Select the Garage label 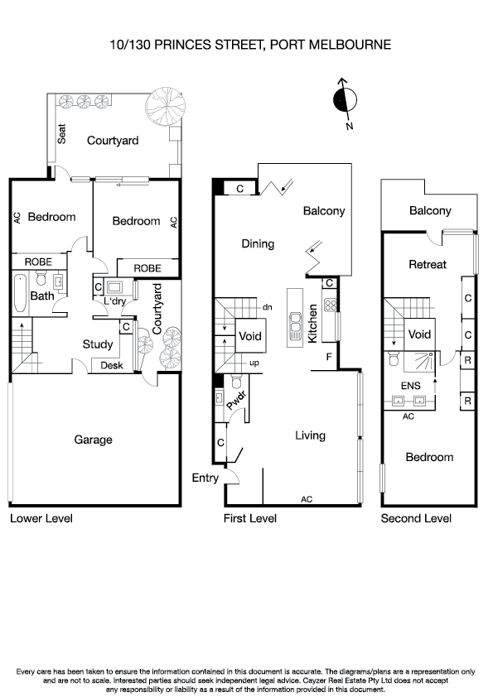[x=93, y=440]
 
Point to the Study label [x=97, y=344]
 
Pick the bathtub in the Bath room [x=21, y=294]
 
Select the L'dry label [x=114, y=303]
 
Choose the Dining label [x=258, y=243]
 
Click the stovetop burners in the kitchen [x=328, y=304]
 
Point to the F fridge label [x=329, y=357]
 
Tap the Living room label [x=310, y=435]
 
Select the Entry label [x=205, y=478]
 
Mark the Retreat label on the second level [x=428, y=265]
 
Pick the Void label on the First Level [x=249, y=337]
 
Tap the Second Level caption [x=416, y=518]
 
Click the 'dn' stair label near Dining [x=267, y=307]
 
